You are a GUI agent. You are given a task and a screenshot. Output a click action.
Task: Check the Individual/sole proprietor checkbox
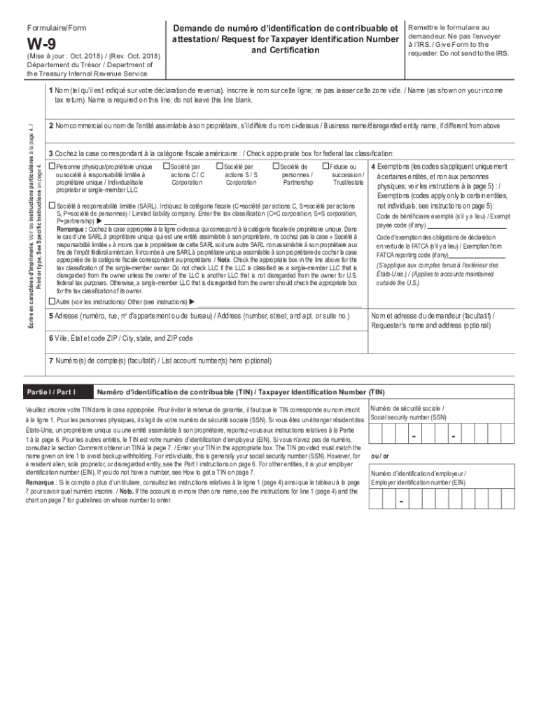tap(51, 167)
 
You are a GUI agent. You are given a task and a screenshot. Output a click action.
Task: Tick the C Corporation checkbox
tap(165, 167)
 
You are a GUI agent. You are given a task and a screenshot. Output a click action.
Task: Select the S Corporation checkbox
tap(219, 167)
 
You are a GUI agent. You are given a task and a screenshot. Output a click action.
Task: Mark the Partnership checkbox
tap(275, 167)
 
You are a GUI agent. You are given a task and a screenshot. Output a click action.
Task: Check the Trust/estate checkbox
tap(325, 167)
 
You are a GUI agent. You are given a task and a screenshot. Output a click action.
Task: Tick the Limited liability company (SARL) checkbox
tap(51, 205)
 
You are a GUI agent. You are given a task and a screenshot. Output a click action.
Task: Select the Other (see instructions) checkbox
tap(51, 301)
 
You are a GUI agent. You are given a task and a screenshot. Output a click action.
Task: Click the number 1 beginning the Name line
tap(50, 90)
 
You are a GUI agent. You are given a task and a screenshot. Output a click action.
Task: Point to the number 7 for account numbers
tap(50, 361)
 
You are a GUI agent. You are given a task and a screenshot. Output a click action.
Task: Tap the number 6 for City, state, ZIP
tap(50, 338)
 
